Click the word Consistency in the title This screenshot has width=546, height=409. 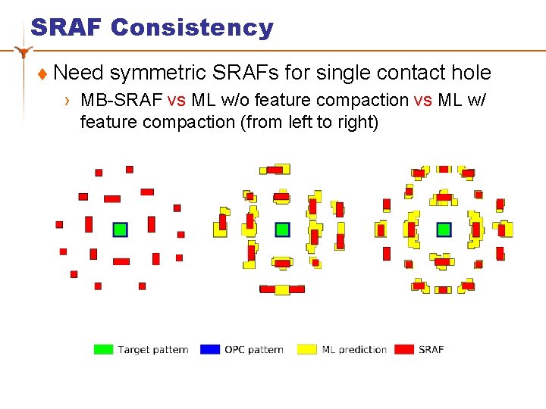(192, 27)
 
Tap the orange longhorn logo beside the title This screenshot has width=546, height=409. (25, 52)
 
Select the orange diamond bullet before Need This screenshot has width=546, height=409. (42, 74)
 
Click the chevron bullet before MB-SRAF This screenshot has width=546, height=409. (67, 101)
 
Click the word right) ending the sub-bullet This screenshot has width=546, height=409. (355, 122)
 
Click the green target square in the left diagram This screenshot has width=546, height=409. (120, 229)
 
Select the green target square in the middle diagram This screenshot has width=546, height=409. (282, 229)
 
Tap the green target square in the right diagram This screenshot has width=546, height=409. (444, 229)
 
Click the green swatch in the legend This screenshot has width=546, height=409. (103, 349)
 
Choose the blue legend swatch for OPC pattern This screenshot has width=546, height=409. (210, 349)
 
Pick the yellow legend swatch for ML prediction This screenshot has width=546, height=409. (307, 349)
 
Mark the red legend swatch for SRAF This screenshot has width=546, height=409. (404, 349)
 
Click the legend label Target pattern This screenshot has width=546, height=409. (153, 349)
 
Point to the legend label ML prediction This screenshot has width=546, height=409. (354, 349)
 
